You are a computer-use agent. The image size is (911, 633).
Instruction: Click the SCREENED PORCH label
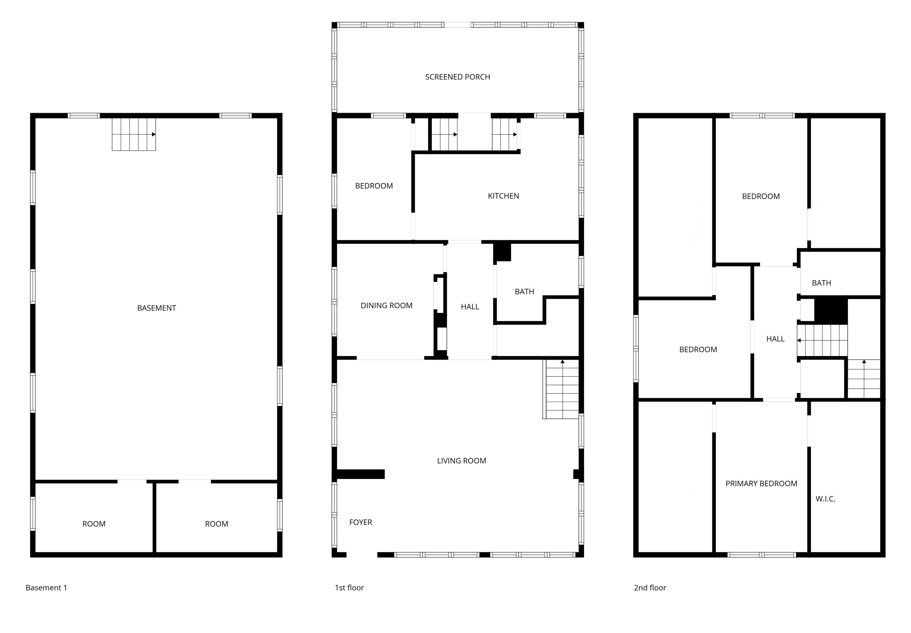pos(457,77)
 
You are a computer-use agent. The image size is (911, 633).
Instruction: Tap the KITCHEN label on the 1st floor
pos(503,196)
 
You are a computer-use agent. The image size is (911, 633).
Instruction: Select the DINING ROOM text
pos(386,305)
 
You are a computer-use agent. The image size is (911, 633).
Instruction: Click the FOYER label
pos(360,522)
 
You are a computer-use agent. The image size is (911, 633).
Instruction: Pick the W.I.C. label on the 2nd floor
pos(825,499)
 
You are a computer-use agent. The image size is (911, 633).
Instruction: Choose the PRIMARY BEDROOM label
pos(761,483)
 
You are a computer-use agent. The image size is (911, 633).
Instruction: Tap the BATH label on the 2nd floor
pos(821,283)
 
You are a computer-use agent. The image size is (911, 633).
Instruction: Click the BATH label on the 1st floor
pos(524,291)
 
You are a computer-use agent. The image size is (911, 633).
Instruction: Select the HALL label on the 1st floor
pos(470,307)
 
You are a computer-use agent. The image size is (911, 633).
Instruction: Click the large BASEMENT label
pos(156,308)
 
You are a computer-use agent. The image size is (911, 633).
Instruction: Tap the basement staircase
pos(134,134)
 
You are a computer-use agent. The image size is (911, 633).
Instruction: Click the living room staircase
pos(561,389)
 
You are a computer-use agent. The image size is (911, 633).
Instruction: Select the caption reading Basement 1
pos(46,587)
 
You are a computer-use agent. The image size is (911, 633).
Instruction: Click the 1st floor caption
pos(349,587)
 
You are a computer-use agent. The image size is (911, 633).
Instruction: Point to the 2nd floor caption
pos(650,587)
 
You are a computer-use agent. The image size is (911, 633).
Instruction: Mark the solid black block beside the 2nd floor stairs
pos(831,311)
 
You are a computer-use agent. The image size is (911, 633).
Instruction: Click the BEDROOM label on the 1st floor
pos(374,186)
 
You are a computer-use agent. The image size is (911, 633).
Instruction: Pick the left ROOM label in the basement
pos(94,524)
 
